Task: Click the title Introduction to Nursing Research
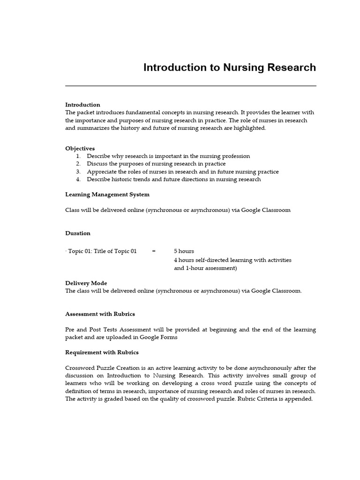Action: coord(229,67)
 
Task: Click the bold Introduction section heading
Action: coord(82,105)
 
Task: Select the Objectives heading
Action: coord(80,148)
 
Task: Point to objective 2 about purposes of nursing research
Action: coord(156,164)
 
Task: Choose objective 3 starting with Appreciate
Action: coord(182,172)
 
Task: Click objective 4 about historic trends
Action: coord(173,179)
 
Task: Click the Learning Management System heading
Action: coord(107,194)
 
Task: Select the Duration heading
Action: coord(78,233)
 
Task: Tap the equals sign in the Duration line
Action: coord(154,251)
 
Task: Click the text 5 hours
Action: coord(184,251)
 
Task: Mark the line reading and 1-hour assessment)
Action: coord(205,268)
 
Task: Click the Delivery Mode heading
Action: coord(86,283)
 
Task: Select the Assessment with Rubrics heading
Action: coord(100,314)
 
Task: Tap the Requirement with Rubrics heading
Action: coord(102,352)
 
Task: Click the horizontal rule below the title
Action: coord(190,86)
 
